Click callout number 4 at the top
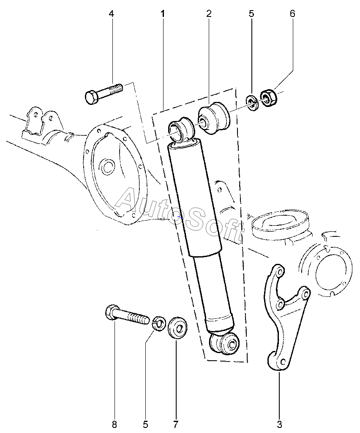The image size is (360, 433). click(112, 14)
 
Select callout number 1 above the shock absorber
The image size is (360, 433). click(163, 14)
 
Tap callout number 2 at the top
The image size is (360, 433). click(209, 14)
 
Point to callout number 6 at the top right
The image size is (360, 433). click(292, 14)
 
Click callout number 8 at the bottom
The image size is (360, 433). click(115, 424)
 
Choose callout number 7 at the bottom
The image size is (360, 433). click(176, 424)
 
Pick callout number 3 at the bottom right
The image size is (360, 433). click(279, 424)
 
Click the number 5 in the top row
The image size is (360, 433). click(251, 14)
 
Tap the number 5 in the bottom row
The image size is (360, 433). click(145, 424)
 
